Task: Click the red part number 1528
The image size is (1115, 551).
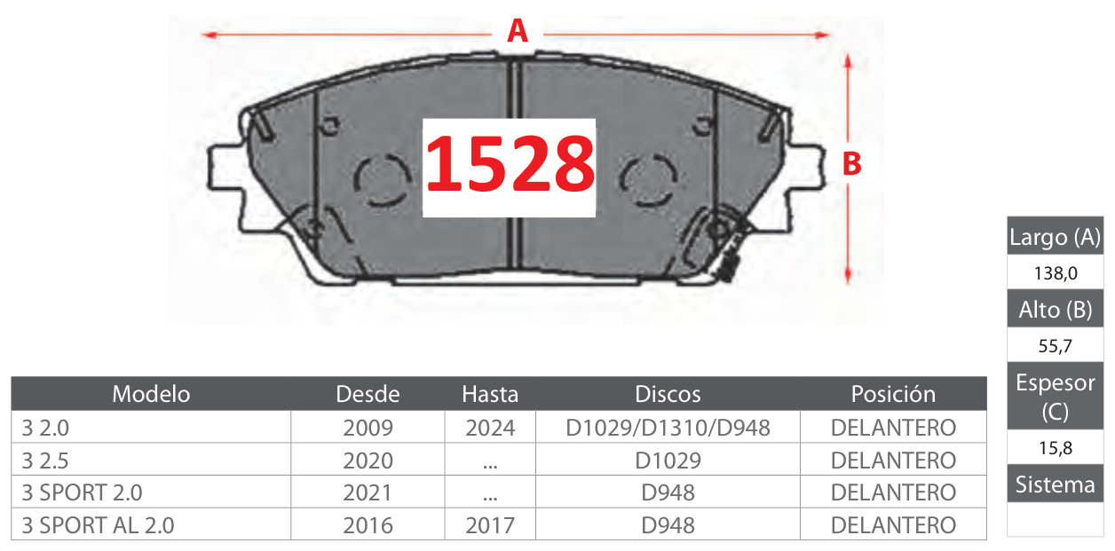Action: [x=510, y=165]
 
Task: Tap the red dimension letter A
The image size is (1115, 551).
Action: [x=518, y=31]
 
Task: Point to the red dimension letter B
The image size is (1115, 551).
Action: [x=851, y=163]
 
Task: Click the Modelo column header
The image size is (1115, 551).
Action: [x=151, y=394]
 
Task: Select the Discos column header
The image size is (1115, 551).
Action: [x=668, y=394]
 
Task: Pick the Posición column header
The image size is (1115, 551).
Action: [x=893, y=394]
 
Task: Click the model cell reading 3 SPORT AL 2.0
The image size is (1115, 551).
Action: [x=98, y=525]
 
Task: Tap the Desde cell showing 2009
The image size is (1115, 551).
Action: [x=368, y=428]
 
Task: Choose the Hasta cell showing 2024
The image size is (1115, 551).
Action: [x=490, y=428]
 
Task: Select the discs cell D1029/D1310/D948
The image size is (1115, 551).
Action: [x=668, y=428]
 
